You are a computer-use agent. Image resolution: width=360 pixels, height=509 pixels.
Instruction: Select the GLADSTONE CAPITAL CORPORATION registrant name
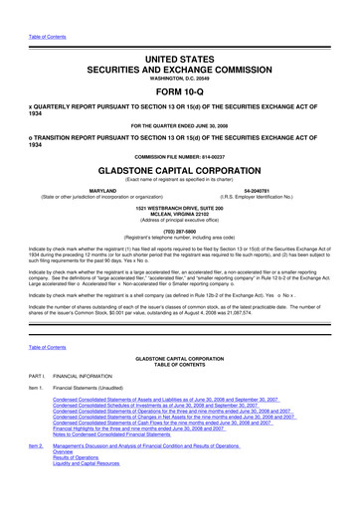tap(179, 169)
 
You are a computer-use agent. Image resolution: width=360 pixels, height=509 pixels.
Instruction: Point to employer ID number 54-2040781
tap(262, 189)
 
